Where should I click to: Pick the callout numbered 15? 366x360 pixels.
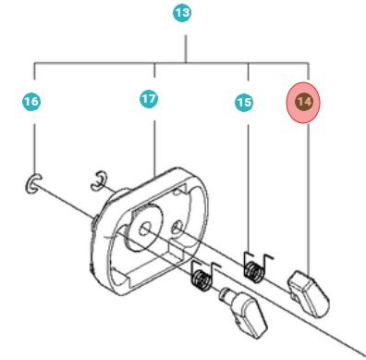tap(244, 104)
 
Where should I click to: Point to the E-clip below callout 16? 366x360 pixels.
tap(33, 184)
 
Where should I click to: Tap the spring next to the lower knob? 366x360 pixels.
tap(201, 275)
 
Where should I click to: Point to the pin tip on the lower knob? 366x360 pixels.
tap(225, 293)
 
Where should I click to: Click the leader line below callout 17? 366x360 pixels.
tap(154, 139)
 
